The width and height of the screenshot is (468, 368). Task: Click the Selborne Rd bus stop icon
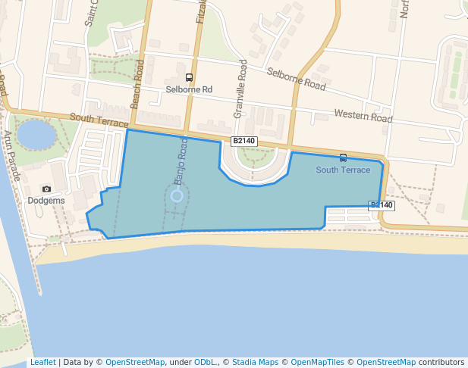pyautogui.click(x=189, y=78)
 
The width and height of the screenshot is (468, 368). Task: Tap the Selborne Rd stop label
pyautogui.click(x=189, y=90)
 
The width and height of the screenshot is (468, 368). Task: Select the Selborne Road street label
pyautogui.click(x=296, y=79)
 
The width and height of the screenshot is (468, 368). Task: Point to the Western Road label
pyautogui.click(x=363, y=116)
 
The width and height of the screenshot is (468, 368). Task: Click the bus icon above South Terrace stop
pyautogui.click(x=344, y=158)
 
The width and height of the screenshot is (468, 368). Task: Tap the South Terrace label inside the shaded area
pyautogui.click(x=343, y=170)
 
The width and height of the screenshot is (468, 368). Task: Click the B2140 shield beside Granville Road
pyautogui.click(x=244, y=141)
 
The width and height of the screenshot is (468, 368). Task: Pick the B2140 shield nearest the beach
pyautogui.click(x=382, y=205)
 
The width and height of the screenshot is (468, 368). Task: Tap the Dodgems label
pyautogui.click(x=46, y=201)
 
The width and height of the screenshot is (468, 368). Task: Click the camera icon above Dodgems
pyautogui.click(x=46, y=189)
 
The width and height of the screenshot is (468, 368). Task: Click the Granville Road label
pyautogui.click(x=243, y=88)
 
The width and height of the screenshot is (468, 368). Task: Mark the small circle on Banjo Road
pyautogui.click(x=177, y=195)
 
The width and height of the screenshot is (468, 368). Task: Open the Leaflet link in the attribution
pyautogui.click(x=42, y=363)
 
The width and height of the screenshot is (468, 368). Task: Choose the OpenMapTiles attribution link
pyautogui.click(x=319, y=363)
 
